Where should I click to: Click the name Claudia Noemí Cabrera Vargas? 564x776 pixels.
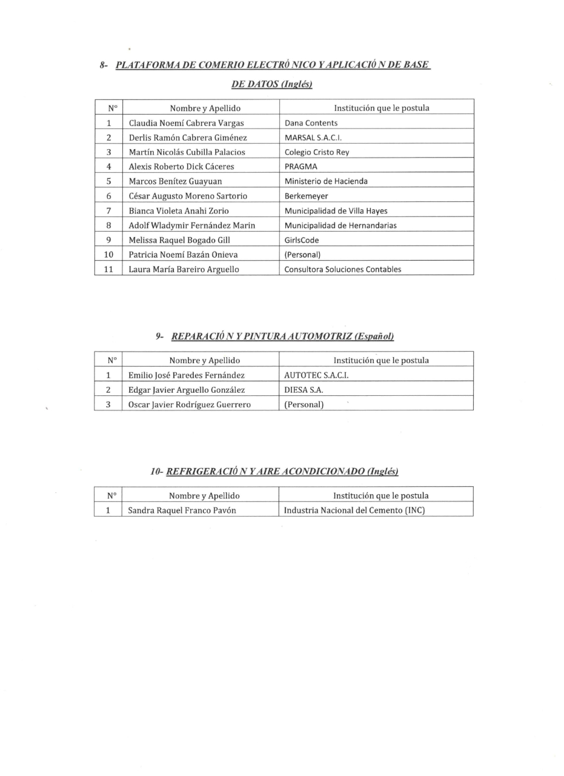pyautogui.click(x=186, y=123)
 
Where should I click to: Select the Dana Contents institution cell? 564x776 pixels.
pyautogui.click(x=311, y=123)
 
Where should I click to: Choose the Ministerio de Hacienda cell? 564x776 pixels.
pyautogui.click(x=326, y=181)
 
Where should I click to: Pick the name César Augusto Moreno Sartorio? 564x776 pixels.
pyautogui.click(x=188, y=196)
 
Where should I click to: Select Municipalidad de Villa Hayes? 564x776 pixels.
pyautogui.click(x=336, y=211)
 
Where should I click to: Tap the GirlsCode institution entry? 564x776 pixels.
pyautogui.click(x=302, y=240)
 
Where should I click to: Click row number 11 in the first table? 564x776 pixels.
pyautogui.click(x=108, y=269)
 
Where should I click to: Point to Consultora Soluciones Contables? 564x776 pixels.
pyautogui.click(x=343, y=269)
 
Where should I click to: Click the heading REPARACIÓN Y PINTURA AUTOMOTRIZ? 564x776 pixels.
pyautogui.click(x=282, y=336)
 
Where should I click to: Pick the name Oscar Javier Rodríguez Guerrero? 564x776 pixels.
pyautogui.click(x=189, y=404)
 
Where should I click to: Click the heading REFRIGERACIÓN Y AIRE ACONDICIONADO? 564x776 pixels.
pyautogui.click(x=282, y=471)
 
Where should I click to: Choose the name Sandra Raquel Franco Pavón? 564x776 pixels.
pyautogui.click(x=182, y=510)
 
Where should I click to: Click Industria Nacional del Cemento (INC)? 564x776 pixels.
pyautogui.click(x=354, y=510)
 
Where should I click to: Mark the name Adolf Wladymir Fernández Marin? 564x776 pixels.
pyautogui.click(x=191, y=226)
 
